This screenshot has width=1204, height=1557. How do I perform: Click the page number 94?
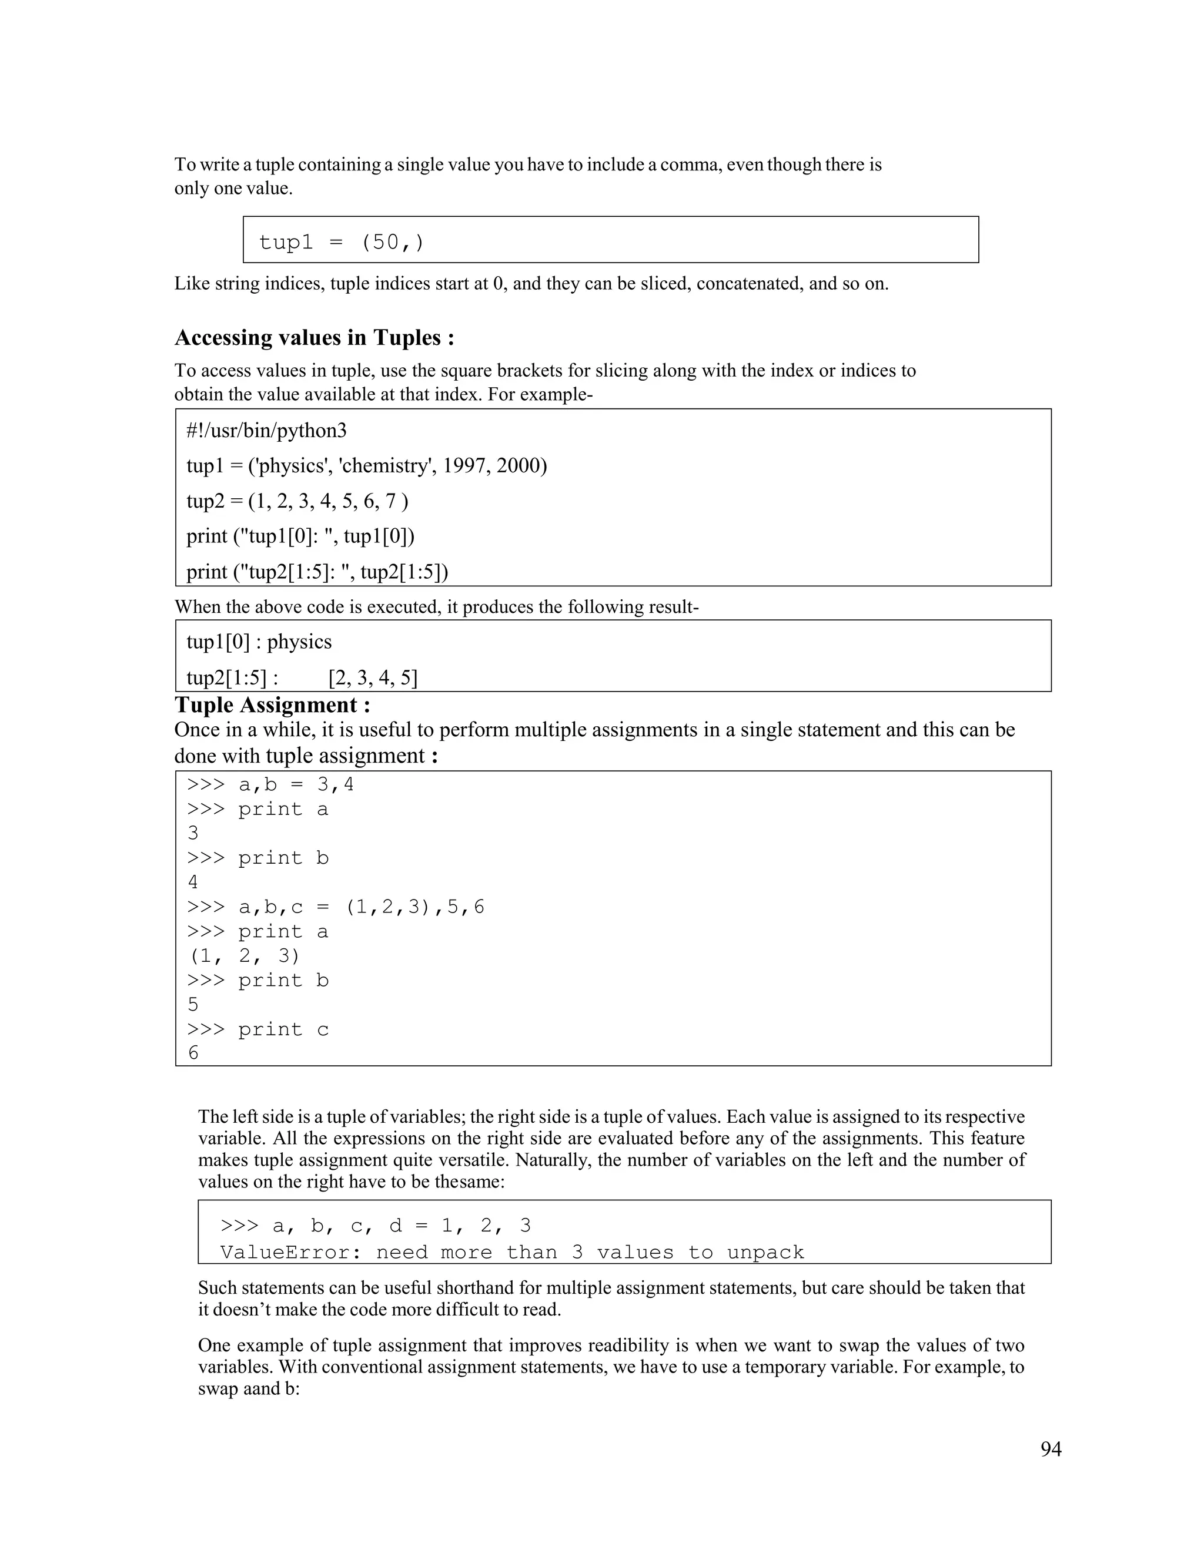[x=1050, y=1449]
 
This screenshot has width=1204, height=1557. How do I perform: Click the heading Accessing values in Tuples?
[x=314, y=337]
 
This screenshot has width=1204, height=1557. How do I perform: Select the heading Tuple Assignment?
[x=272, y=705]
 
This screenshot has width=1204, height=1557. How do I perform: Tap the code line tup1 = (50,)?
[x=341, y=243]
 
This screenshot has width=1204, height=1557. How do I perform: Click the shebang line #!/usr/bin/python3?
[x=266, y=431]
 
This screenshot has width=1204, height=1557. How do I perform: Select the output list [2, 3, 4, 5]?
[x=372, y=677]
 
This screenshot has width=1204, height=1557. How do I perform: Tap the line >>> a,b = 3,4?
[x=270, y=785]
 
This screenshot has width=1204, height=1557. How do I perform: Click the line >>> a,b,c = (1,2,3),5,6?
[x=335, y=907]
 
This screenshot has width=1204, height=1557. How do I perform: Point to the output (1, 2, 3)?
[x=244, y=955]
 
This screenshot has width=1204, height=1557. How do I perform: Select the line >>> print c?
[x=257, y=1029]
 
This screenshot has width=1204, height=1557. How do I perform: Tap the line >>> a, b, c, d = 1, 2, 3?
[x=375, y=1226]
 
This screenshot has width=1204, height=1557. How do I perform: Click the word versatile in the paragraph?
[x=462, y=1160]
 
